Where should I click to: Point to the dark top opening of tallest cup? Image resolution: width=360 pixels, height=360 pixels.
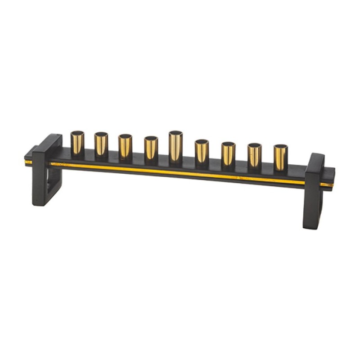point(175,133)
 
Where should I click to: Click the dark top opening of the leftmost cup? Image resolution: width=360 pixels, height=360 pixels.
point(77,133)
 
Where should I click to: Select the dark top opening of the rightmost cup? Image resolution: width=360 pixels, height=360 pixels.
point(281,147)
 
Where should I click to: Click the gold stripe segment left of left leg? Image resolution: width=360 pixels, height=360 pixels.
point(28,162)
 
